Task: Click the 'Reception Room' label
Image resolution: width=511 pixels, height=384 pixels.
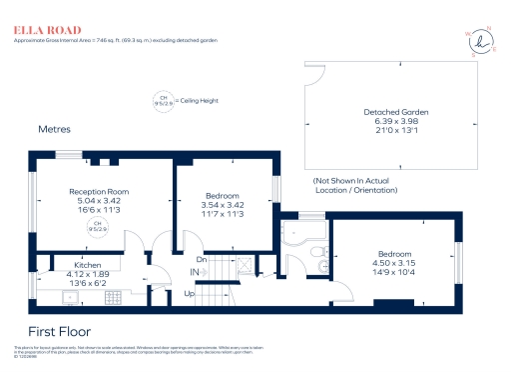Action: pyautogui.click(x=99, y=191)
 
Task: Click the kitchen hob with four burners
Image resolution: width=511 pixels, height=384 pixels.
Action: pyautogui.click(x=112, y=296)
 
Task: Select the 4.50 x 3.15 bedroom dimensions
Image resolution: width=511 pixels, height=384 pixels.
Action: pyautogui.click(x=395, y=264)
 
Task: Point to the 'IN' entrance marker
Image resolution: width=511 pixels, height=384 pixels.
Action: pyautogui.click(x=195, y=271)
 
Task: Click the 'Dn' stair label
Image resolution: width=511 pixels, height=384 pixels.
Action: pyautogui.click(x=201, y=259)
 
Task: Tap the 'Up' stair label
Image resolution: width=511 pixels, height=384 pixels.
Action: pyautogui.click(x=190, y=294)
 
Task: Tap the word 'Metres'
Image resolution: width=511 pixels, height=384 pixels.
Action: pyautogui.click(x=55, y=130)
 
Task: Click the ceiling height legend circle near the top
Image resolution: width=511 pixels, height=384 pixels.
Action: pyautogui.click(x=163, y=100)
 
